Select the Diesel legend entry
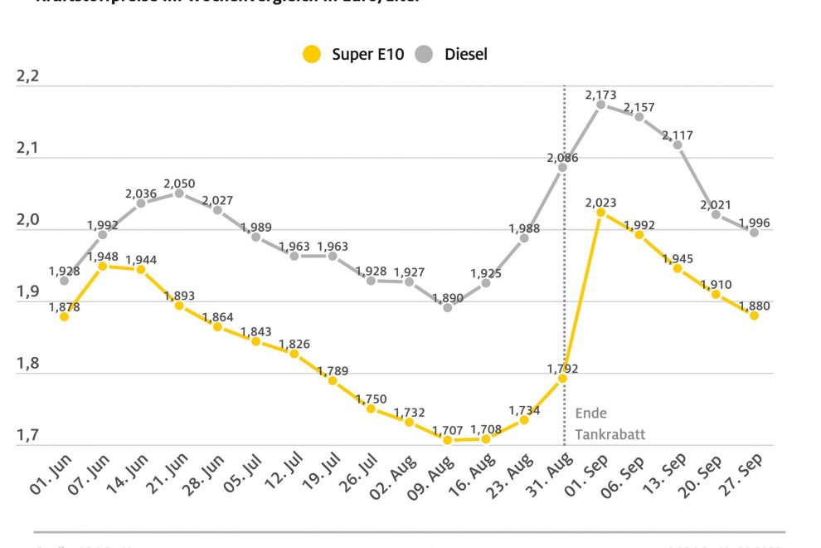tap(454, 55)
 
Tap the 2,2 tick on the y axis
tap(28, 77)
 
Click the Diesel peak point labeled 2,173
tap(600, 104)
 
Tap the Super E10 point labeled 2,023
tap(600, 212)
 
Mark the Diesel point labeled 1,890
tap(448, 307)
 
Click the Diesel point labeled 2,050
tap(179, 193)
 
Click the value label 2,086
tap(562, 157)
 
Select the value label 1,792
tap(561, 369)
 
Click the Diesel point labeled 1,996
tap(754, 232)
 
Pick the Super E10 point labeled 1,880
tap(754, 316)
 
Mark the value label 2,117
tap(678, 135)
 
